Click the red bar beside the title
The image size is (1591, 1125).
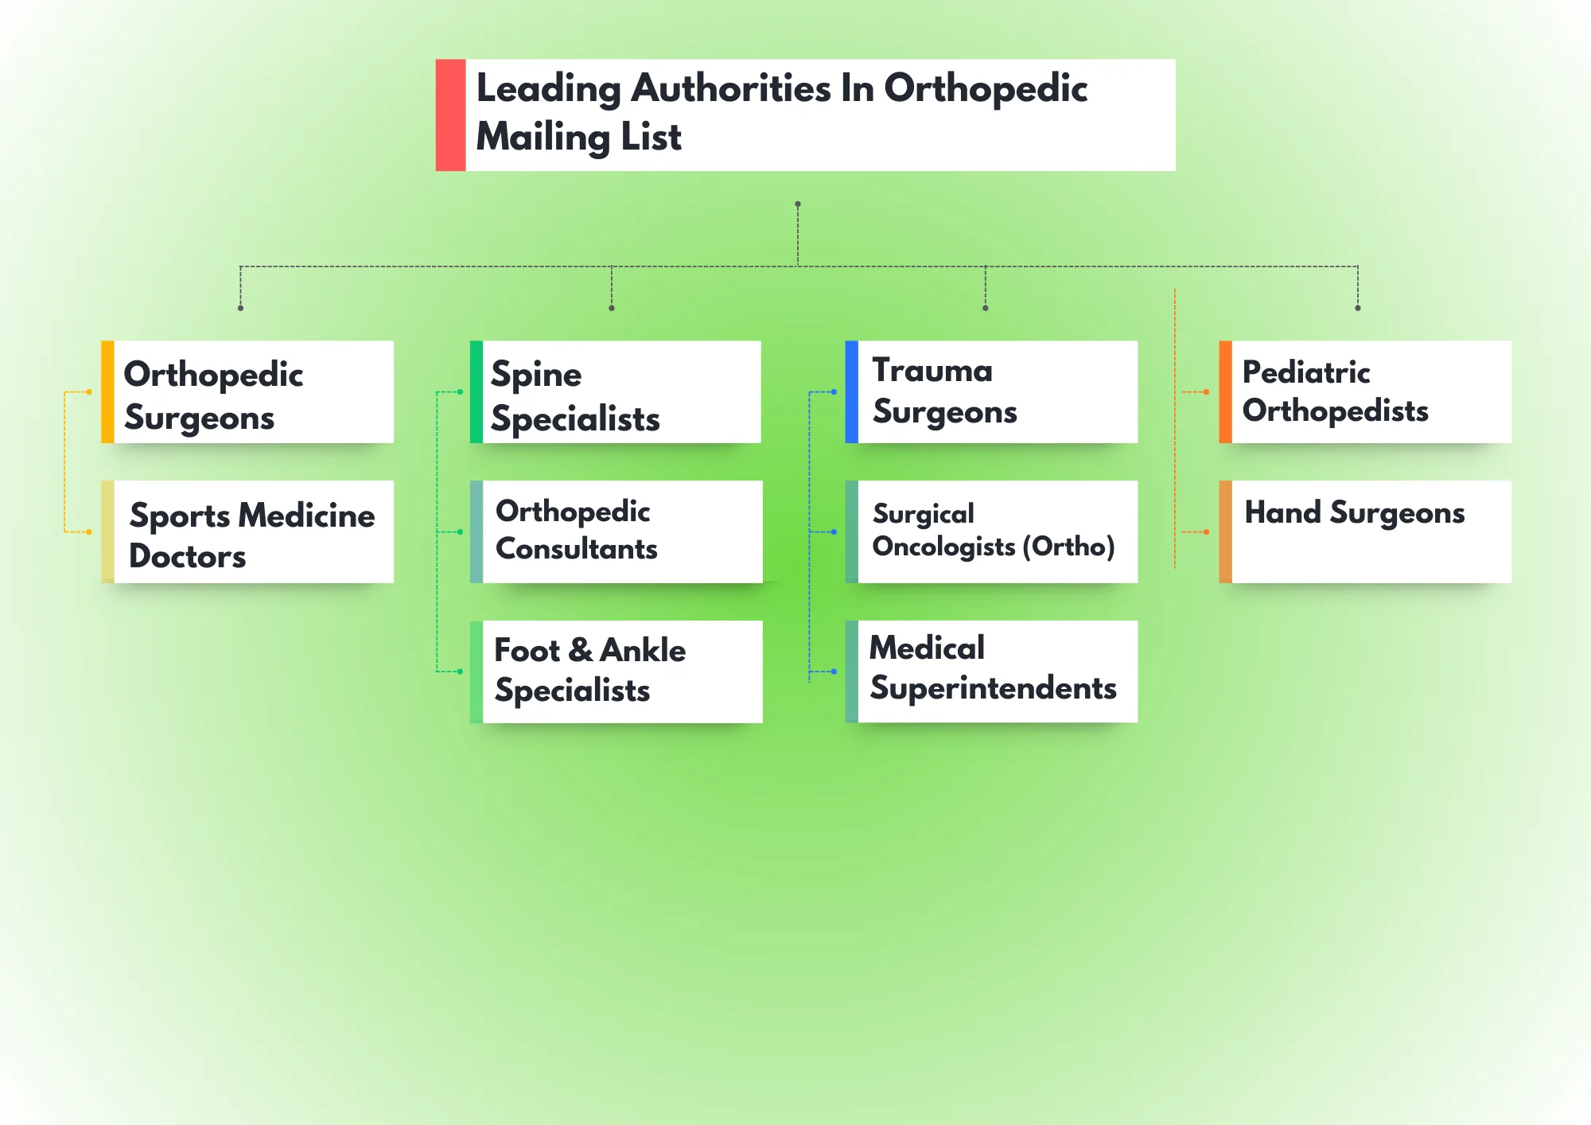pyautogui.click(x=450, y=115)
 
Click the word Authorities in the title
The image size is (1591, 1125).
pyautogui.click(x=731, y=88)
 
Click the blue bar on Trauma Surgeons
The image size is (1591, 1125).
pyautogui.click(x=851, y=392)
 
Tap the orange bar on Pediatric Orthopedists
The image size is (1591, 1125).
pyautogui.click(x=1225, y=392)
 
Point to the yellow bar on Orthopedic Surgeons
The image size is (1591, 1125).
pyautogui.click(x=107, y=392)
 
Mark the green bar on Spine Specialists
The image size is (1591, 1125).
pyautogui.click(x=476, y=392)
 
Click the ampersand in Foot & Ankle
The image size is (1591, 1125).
pyautogui.click(x=581, y=650)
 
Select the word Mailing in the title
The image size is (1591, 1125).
pyautogui.click(x=543, y=137)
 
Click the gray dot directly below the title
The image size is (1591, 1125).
pyautogui.click(x=798, y=204)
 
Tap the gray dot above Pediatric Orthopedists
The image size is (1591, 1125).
pyautogui.click(x=1358, y=308)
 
